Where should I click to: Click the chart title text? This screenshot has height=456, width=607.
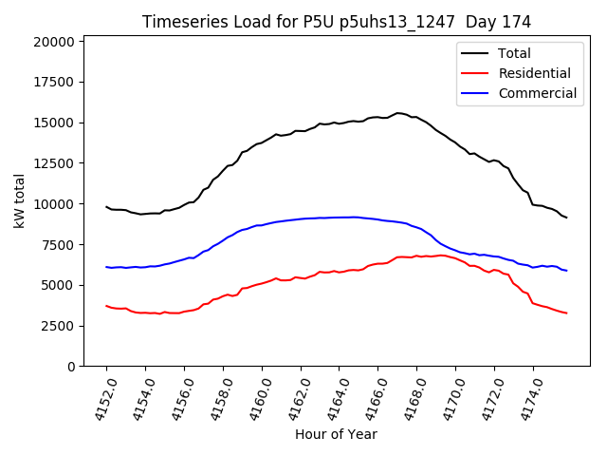click(x=337, y=21)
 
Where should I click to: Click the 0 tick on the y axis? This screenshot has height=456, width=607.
click(x=71, y=367)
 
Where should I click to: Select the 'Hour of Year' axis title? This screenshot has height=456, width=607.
click(x=336, y=434)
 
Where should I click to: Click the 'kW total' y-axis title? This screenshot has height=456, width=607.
click(x=20, y=200)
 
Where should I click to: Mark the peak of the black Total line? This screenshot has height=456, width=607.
click(x=398, y=113)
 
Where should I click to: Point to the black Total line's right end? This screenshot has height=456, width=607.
click(x=566, y=218)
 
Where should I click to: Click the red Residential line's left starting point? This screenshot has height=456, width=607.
click(x=106, y=306)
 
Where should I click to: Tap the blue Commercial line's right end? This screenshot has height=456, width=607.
click(x=566, y=271)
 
